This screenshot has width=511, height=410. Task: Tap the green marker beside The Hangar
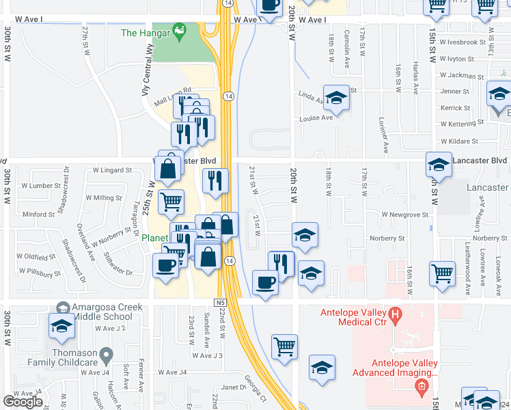point(179,31)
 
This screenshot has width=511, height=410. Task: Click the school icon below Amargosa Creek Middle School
point(61,327)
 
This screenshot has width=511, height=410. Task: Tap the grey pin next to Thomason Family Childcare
point(105,355)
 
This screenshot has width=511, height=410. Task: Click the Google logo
point(23,402)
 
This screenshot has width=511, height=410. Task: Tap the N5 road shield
point(219,302)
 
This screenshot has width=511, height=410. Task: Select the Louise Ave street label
point(316,118)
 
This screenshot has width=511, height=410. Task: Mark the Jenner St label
point(455,91)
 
